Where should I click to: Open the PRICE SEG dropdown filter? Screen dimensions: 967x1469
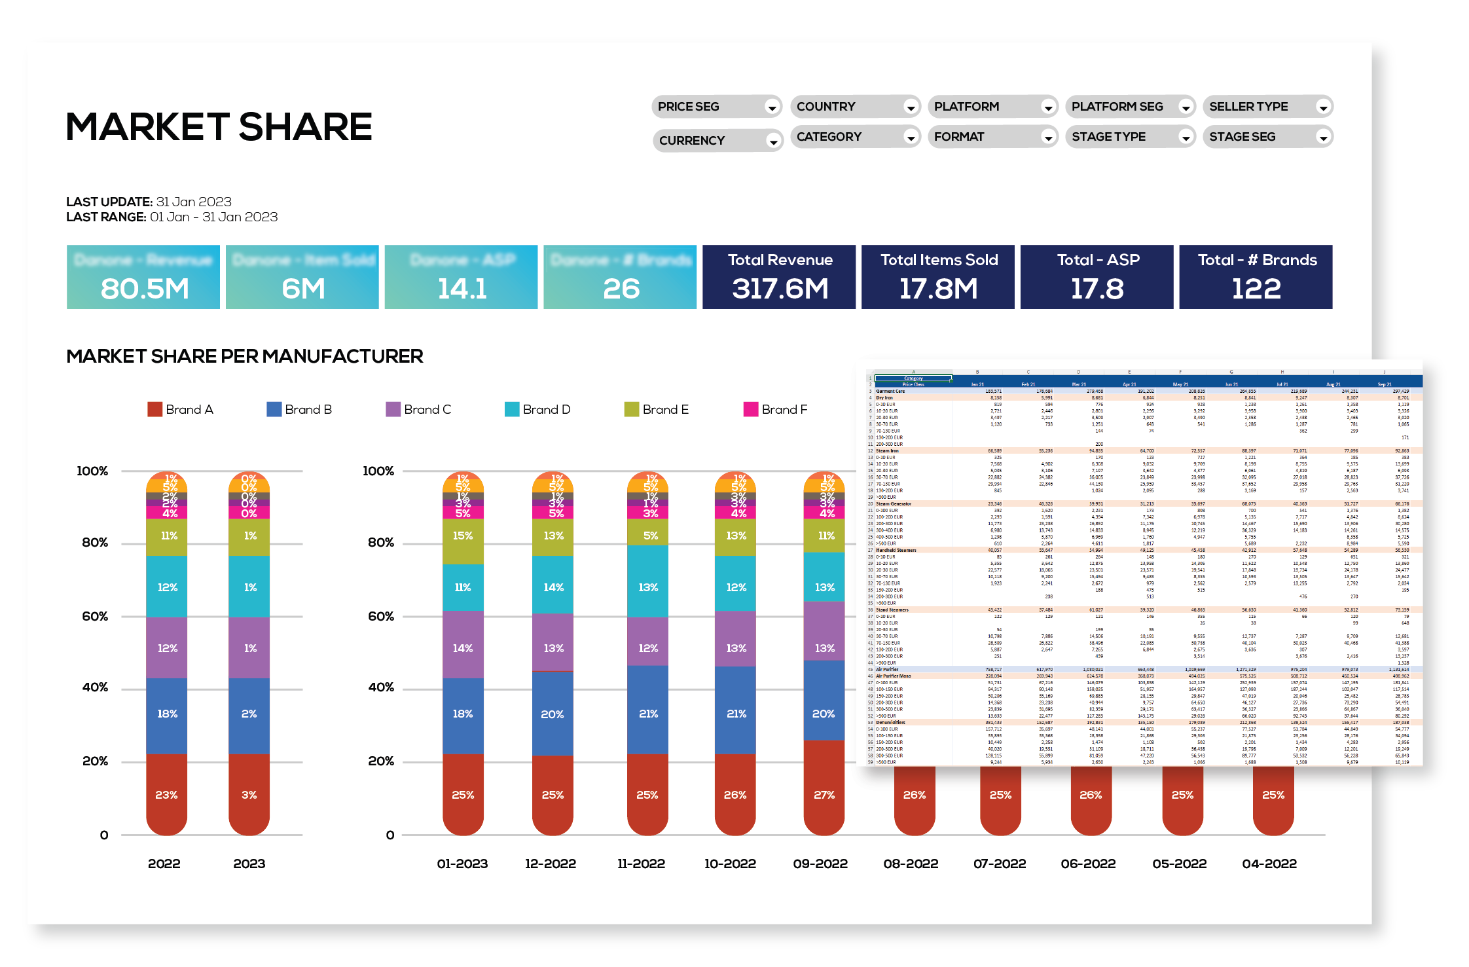click(x=716, y=107)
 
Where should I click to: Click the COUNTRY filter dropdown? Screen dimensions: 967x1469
click(x=855, y=107)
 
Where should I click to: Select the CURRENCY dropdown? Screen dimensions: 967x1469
click(x=717, y=141)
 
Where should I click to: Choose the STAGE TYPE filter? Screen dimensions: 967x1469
click(x=1130, y=137)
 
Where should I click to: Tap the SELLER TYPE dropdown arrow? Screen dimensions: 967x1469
click(x=1323, y=107)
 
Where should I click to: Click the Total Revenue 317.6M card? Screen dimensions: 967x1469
click(x=779, y=277)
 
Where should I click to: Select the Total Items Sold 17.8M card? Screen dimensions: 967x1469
click(x=938, y=277)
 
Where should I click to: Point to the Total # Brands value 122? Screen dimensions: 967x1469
click(x=1256, y=289)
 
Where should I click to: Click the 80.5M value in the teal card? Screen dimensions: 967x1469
click(x=145, y=289)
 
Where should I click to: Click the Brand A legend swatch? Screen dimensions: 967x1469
click(x=154, y=410)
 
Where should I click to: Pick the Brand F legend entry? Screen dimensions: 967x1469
click(x=776, y=410)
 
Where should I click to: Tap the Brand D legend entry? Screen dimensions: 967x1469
click(x=538, y=410)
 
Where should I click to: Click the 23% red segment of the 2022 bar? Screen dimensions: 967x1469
click(x=166, y=794)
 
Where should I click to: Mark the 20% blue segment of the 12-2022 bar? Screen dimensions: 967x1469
click(x=553, y=714)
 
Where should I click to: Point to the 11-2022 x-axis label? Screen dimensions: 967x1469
click(x=641, y=864)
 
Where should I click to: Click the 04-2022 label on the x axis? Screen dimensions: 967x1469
click(x=1269, y=864)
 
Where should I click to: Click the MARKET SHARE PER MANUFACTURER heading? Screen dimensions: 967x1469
click(x=245, y=356)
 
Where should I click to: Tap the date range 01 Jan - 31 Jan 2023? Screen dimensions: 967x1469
click(x=213, y=217)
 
